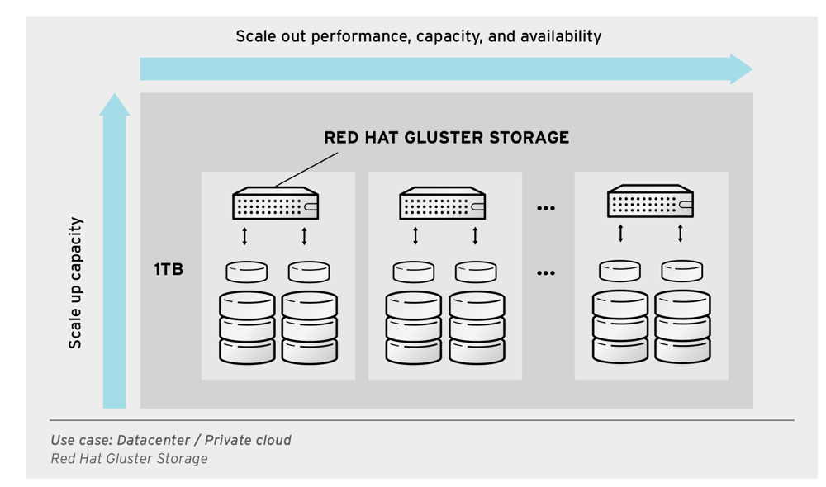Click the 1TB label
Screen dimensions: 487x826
pyautogui.click(x=169, y=270)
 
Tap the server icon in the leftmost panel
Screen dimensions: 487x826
pyautogui.click(x=276, y=202)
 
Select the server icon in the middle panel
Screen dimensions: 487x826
pyautogui.click(x=442, y=202)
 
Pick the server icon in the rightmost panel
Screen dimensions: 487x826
pyautogui.click(x=650, y=201)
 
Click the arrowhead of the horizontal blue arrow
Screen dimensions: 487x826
pyautogui.click(x=741, y=69)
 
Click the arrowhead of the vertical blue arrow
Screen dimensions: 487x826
pyautogui.click(x=115, y=105)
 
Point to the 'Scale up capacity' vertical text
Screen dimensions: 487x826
pyautogui.click(x=75, y=283)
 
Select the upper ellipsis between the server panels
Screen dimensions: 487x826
pyautogui.click(x=546, y=208)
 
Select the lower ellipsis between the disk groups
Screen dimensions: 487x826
pyautogui.click(x=546, y=272)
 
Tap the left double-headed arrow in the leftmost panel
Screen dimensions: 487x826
pyautogui.click(x=244, y=237)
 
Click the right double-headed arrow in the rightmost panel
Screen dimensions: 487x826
pyautogui.click(x=681, y=234)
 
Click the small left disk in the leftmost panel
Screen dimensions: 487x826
pyautogui.click(x=246, y=272)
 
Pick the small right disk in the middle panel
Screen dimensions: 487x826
pyautogui.click(x=475, y=272)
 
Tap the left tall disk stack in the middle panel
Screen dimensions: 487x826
pyautogui.click(x=413, y=328)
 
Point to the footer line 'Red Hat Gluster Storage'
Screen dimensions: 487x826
pyautogui.click(x=129, y=459)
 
